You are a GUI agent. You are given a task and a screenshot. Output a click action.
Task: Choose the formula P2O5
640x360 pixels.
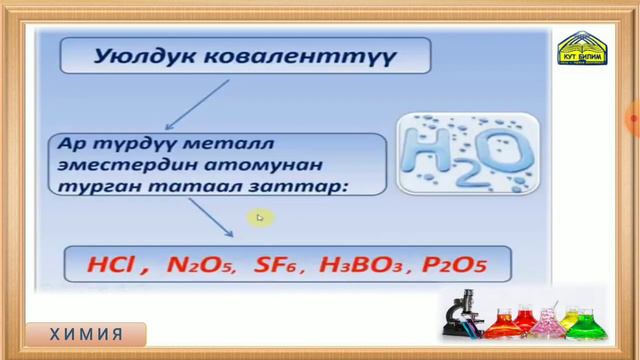tap(454, 266)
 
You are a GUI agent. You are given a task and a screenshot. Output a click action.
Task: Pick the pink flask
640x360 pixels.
tap(547, 323)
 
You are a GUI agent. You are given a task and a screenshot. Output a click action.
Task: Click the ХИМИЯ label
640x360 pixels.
tap(88, 334)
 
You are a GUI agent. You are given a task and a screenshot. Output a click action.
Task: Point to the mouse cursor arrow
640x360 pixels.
tap(260, 217)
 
